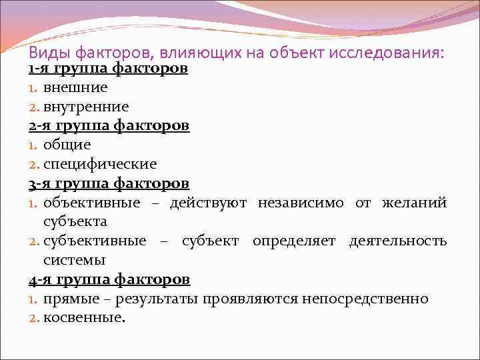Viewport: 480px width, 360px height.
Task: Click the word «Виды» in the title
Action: click(x=50, y=52)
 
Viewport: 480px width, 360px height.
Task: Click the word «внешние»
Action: click(x=76, y=87)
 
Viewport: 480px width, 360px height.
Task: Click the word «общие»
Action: click(x=67, y=145)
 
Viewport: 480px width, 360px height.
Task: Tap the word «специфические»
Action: click(x=101, y=163)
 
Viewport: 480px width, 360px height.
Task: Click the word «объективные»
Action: click(x=92, y=202)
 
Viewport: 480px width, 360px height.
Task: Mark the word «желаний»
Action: click(x=415, y=202)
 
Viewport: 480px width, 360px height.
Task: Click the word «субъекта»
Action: click(x=76, y=221)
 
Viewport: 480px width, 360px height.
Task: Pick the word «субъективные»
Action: click(x=95, y=240)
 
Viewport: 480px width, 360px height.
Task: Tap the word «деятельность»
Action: click(x=398, y=240)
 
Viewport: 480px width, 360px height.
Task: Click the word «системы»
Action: click(x=74, y=259)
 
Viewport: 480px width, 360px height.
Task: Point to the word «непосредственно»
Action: click(x=365, y=298)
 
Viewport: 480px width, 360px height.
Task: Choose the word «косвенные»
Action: click(x=84, y=317)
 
